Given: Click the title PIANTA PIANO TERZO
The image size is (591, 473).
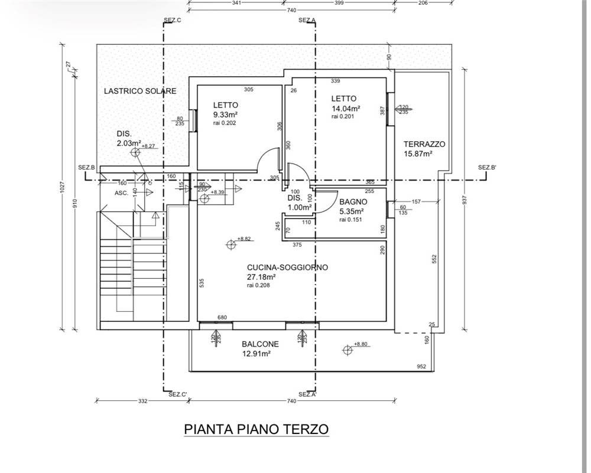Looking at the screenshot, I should click(256, 428).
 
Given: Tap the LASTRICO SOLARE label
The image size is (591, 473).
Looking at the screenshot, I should click(140, 91).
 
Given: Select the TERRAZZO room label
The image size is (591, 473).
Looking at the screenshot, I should click(424, 144).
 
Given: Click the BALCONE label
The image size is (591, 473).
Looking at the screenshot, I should click(260, 344).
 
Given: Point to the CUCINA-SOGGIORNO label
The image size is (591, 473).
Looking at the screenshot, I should click(287, 268).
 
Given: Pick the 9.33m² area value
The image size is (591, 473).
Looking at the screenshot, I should click(225, 115).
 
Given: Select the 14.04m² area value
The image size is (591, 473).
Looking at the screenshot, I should click(346, 109).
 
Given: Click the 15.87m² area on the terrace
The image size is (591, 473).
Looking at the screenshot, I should click(418, 154).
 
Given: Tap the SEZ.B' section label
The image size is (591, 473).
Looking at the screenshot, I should click(488, 167).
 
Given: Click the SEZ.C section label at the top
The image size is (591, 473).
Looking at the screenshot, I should click(172, 20).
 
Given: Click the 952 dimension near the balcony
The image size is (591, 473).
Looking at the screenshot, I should click(421, 367).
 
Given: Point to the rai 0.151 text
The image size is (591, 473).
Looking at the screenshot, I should click(351, 220).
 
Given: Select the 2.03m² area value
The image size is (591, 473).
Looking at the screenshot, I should click(128, 143).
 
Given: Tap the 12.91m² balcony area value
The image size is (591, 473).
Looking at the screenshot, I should click(256, 354).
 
